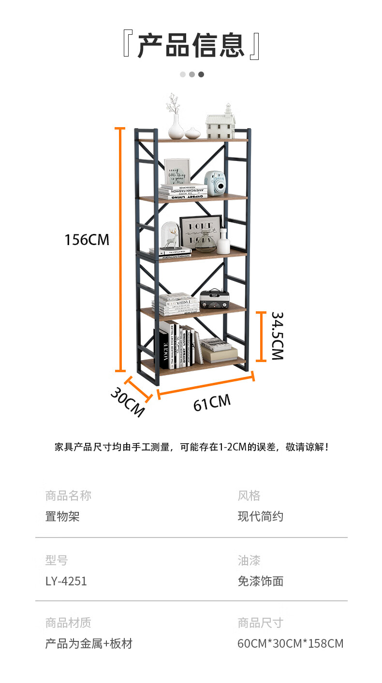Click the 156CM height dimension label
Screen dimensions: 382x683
click(87, 239)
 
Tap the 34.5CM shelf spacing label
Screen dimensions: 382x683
click(277, 335)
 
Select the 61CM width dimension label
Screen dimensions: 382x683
click(212, 403)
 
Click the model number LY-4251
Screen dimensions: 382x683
click(66, 581)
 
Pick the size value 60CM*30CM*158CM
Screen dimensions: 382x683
click(290, 643)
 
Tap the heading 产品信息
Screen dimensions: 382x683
click(191, 45)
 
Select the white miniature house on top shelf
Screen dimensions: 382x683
click(220, 123)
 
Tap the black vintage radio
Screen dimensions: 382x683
click(213, 298)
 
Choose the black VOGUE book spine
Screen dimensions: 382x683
click(164, 349)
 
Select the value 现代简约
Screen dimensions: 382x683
click(260, 516)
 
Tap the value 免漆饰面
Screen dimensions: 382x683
click(260, 581)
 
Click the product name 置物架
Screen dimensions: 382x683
click(62, 516)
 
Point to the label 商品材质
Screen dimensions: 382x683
click(68, 623)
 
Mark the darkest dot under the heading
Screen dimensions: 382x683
click(201, 74)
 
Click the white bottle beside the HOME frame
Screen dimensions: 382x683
click(223, 242)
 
